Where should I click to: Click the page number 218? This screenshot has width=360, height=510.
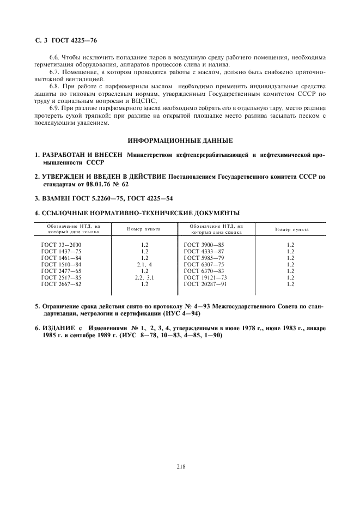[x=181, y=450]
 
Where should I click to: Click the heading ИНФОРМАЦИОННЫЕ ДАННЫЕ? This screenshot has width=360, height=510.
[x=180, y=141]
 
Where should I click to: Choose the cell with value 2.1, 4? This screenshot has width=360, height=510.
[x=144, y=264]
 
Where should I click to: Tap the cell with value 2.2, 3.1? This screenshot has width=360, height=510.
[x=144, y=277]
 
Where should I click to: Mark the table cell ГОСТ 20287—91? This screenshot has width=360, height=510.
[x=205, y=284]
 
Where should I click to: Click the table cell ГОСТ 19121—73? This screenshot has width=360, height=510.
[x=205, y=277]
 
